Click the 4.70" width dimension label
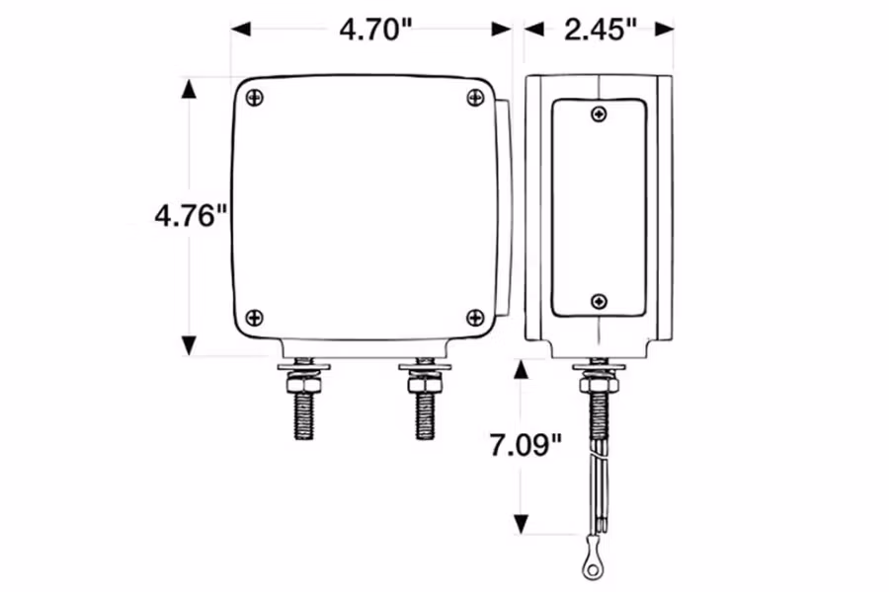[x=375, y=30]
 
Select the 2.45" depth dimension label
[x=601, y=30]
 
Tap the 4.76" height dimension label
[x=191, y=216]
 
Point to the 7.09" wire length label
[x=525, y=445]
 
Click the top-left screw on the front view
[x=255, y=99]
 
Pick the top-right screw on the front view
[x=475, y=98]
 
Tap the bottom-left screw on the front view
[x=255, y=318]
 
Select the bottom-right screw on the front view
[x=475, y=318]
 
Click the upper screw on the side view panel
[x=599, y=114]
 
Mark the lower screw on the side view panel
[x=599, y=301]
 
